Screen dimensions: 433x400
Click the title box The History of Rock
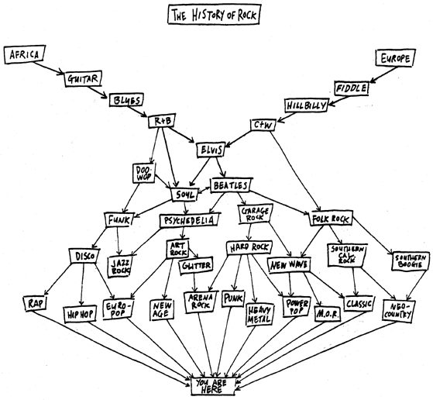pos(214,15)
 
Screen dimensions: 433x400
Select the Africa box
pos(25,54)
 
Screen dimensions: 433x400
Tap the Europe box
pos(395,58)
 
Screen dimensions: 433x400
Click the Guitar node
pos(83,79)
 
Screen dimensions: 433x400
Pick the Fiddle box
pos(352,88)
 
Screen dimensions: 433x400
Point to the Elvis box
pos(211,150)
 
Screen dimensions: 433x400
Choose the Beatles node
pos(231,185)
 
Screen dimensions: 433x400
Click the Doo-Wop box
pos(144,173)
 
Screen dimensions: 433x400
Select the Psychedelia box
pos(190,220)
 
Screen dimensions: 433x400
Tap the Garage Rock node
pos(255,214)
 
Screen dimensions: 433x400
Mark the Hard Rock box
pos(249,247)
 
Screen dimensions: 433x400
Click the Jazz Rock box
pos(120,266)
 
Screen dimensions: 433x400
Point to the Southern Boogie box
pos(411,260)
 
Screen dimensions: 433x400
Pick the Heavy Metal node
pos(259,314)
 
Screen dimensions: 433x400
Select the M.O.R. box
pos(327,314)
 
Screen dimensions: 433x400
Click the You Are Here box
pos(213,386)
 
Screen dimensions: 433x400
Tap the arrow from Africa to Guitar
pos(49,68)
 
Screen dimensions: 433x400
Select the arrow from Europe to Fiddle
pos(383,74)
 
